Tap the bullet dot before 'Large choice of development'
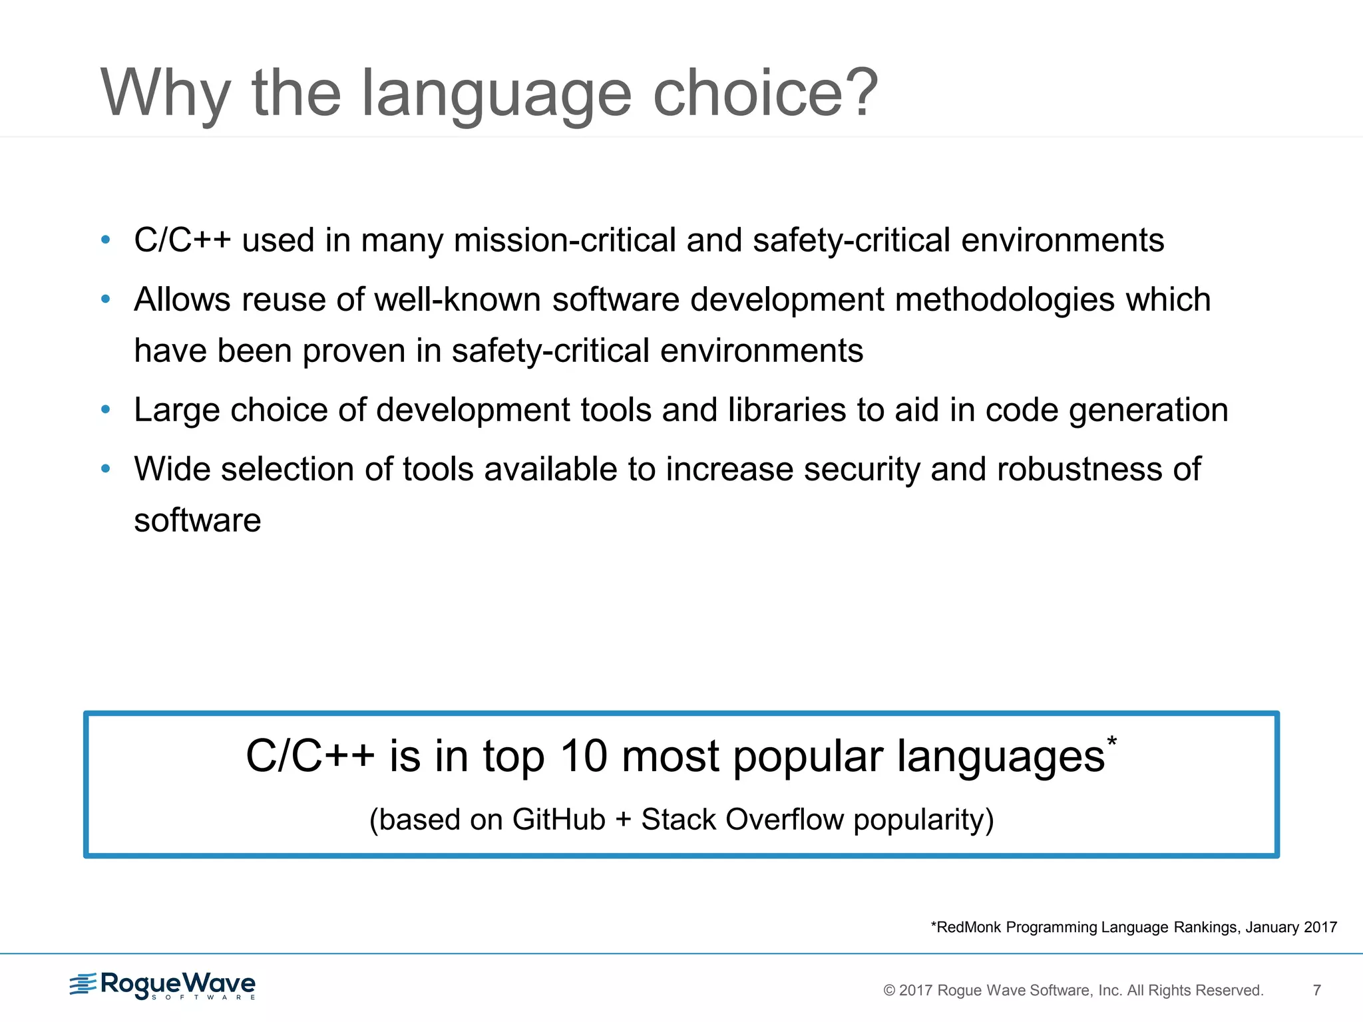[x=105, y=410]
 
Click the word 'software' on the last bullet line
[x=198, y=520]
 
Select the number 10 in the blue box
[x=583, y=757]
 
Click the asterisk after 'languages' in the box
[x=1112, y=741]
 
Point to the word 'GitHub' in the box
[x=558, y=820]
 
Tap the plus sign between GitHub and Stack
[x=624, y=820]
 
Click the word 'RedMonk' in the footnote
[x=968, y=928]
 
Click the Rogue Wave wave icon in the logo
[x=83, y=984]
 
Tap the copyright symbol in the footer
[x=889, y=991]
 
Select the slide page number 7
[x=1316, y=990]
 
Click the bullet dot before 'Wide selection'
[x=105, y=469]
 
